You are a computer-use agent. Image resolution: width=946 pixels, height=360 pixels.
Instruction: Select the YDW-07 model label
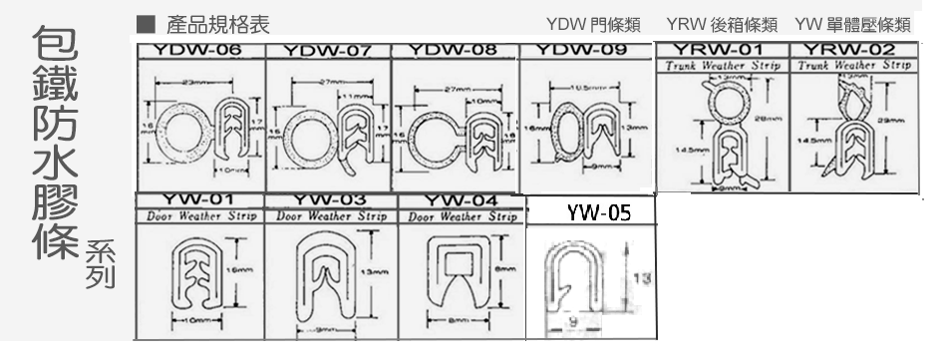(x=327, y=50)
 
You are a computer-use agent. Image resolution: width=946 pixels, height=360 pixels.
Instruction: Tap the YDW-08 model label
(x=455, y=49)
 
